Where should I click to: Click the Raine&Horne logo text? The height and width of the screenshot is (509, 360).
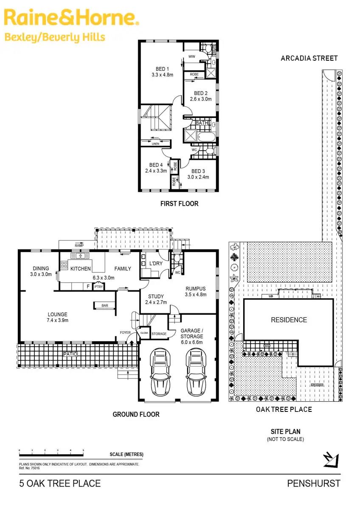pos(71,18)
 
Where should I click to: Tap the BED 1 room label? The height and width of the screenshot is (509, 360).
pos(162,69)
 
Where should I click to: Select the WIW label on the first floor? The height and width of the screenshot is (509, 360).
pos(191,56)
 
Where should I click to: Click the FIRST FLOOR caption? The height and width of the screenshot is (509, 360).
pos(179,204)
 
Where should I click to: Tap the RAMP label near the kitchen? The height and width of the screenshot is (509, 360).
pos(79,246)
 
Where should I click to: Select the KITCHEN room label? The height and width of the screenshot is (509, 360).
pos(81,268)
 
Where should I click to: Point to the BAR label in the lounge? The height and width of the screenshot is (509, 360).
pos(104,305)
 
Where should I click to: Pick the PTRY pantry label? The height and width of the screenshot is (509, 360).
pos(98,287)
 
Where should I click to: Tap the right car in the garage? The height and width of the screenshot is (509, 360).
pos(196,371)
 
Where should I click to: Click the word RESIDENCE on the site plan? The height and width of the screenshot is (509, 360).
pos(289,320)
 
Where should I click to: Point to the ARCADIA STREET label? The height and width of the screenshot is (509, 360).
pos(309,58)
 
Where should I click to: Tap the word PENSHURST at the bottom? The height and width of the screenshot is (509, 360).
pos(313,483)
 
